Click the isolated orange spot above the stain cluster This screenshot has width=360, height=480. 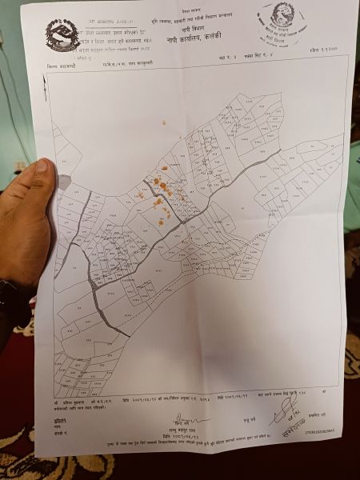click(164, 123)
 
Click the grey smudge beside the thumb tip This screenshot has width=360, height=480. click(64, 182)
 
